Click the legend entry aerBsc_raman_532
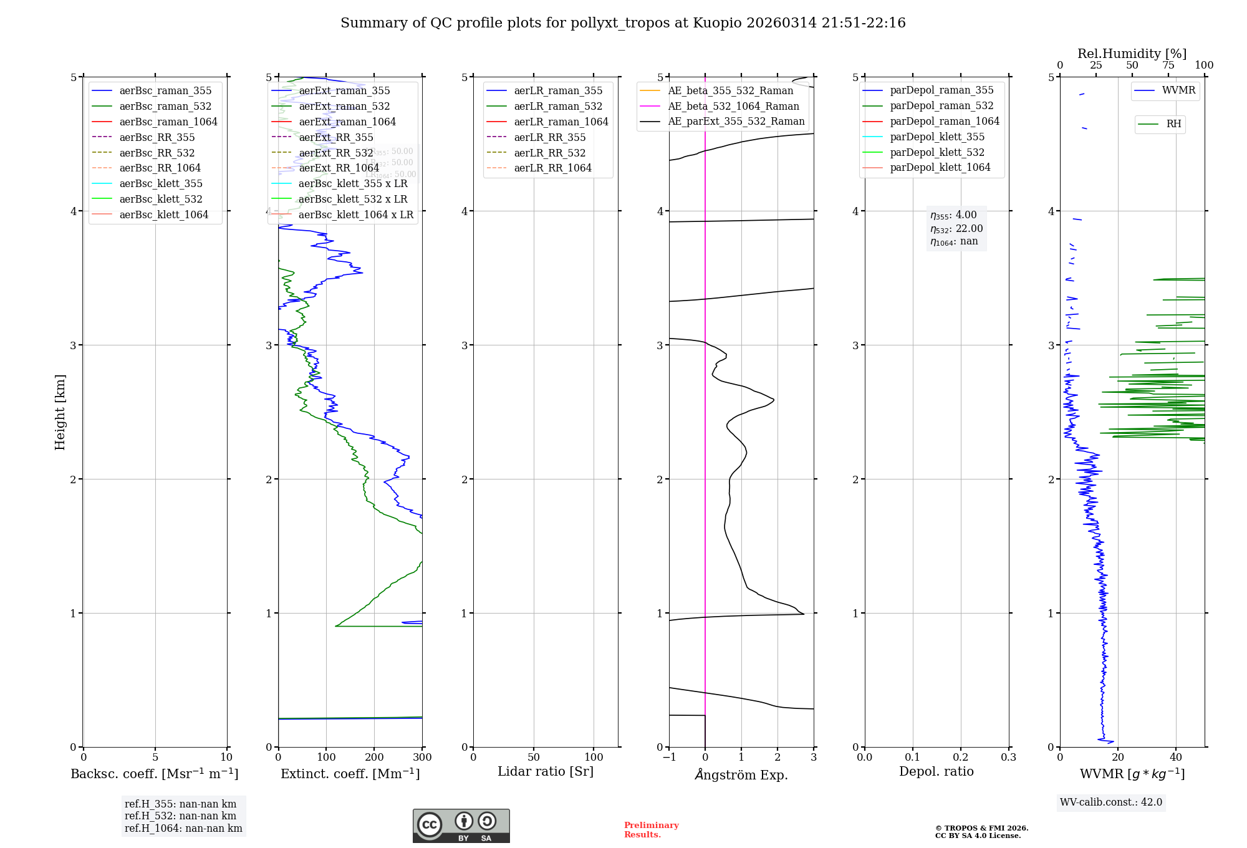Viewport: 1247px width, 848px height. pyautogui.click(x=165, y=106)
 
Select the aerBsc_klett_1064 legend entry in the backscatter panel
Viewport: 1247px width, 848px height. pyautogui.click(x=163, y=214)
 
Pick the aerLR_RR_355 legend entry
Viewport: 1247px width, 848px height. pyautogui.click(x=549, y=137)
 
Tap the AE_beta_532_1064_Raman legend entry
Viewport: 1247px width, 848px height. pyautogui.click(x=733, y=106)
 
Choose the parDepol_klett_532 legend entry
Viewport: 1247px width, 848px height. pyautogui.click(x=936, y=152)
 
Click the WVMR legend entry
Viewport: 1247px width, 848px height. pyautogui.click(x=1178, y=90)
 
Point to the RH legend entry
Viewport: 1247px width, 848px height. pyautogui.click(x=1173, y=124)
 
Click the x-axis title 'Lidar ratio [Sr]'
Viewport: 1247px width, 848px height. pyautogui.click(x=546, y=771)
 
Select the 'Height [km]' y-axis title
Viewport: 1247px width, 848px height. pyautogui.click(x=60, y=412)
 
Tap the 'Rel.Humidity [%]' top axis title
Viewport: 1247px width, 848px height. pyautogui.click(x=1132, y=54)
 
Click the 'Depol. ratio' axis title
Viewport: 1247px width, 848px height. pyautogui.click(x=936, y=771)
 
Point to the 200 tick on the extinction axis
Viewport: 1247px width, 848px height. pyautogui.click(x=374, y=758)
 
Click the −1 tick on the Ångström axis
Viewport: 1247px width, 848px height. pyautogui.click(x=669, y=758)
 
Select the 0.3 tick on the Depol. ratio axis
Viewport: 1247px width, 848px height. pyautogui.click(x=1008, y=758)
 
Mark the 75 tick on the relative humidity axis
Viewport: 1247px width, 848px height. pyautogui.click(x=1168, y=65)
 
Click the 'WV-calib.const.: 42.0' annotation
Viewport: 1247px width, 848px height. pyautogui.click(x=1111, y=802)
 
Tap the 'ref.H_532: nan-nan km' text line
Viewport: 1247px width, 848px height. pyautogui.click(x=180, y=816)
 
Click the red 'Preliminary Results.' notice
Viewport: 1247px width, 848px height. pyautogui.click(x=651, y=829)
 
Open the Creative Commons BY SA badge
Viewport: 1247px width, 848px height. pyautogui.click(x=461, y=826)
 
